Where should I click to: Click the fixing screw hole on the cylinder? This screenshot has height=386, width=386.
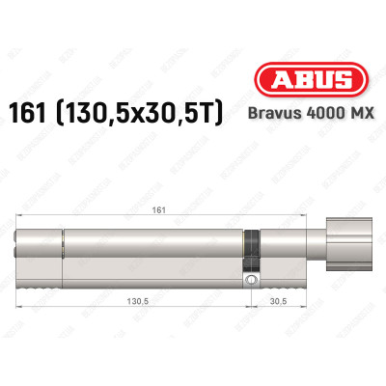point(252,279)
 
